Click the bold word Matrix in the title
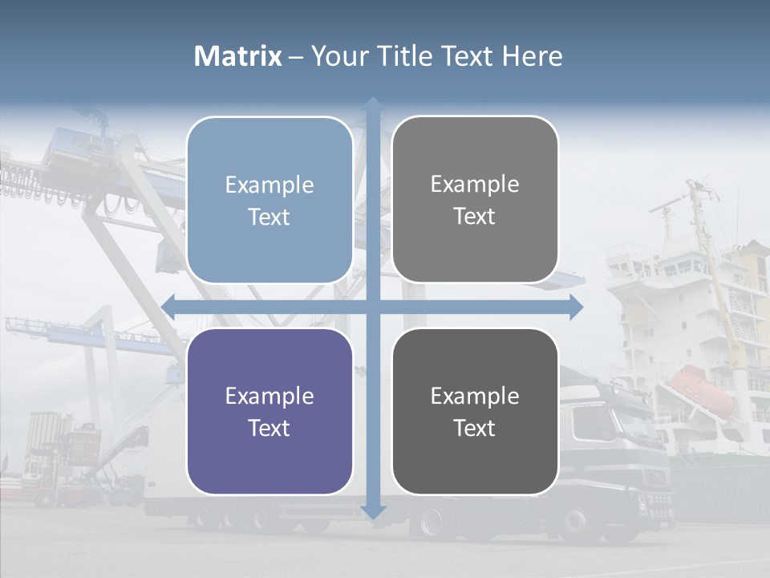pyautogui.click(x=238, y=56)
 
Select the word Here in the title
pyautogui.click(x=533, y=56)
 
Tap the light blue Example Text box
pyautogui.click(x=269, y=200)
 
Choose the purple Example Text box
pyautogui.click(x=269, y=411)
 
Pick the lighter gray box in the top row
pyautogui.click(x=475, y=200)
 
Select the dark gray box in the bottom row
pyautogui.click(x=475, y=411)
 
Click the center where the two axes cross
pyautogui.click(x=373, y=307)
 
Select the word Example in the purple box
pyautogui.click(x=269, y=396)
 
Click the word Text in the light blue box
pyautogui.click(x=269, y=217)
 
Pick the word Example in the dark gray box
pyautogui.click(x=475, y=396)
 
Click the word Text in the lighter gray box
pyautogui.click(x=475, y=216)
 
